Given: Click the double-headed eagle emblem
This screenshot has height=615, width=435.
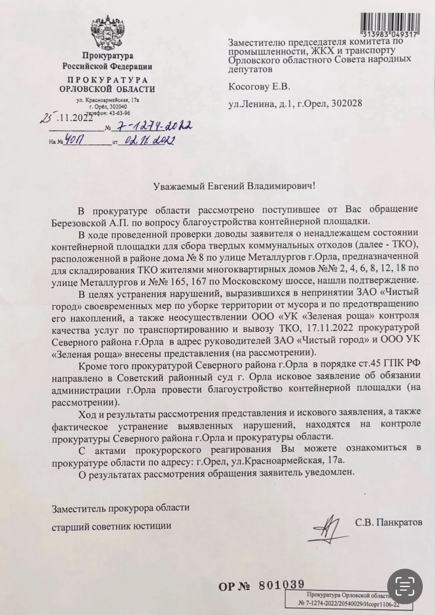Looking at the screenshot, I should click(107, 33).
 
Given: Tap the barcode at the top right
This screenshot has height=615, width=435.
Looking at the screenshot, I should click(389, 23).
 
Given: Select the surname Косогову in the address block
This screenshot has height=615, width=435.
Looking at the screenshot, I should click(249, 87).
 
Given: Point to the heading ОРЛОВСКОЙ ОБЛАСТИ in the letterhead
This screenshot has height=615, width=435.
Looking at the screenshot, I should click(107, 89).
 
